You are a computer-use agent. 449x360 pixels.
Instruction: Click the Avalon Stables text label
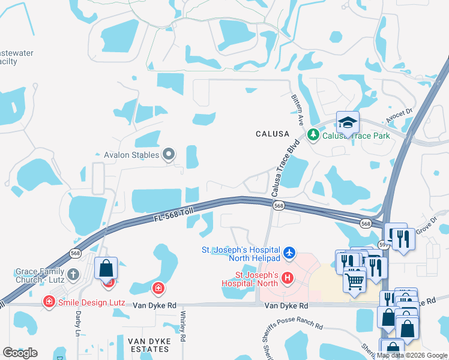coord(131,155)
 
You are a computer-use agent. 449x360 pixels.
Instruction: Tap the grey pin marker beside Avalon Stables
coord(169,155)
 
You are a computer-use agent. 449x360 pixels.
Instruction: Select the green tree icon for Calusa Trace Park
coord(312,136)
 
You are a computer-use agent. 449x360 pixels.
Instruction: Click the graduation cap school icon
coord(348,123)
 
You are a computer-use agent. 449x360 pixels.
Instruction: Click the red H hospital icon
coord(288,278)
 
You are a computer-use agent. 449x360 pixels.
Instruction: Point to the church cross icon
coord(73,275)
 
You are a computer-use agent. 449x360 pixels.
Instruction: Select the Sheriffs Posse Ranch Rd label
coord(293,327)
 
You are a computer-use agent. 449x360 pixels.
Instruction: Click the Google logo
coord(20,353)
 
